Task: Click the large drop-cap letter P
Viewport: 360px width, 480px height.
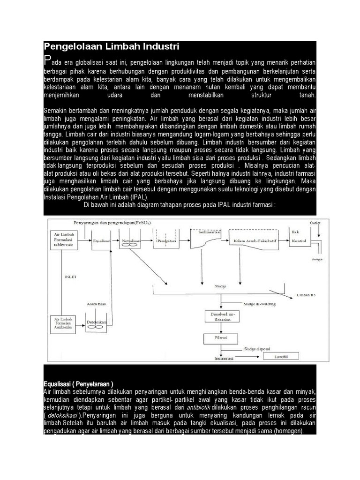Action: (46, 60)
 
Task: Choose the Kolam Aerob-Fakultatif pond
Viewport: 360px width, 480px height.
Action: (253, 241)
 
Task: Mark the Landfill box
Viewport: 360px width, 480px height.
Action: (279, 356)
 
